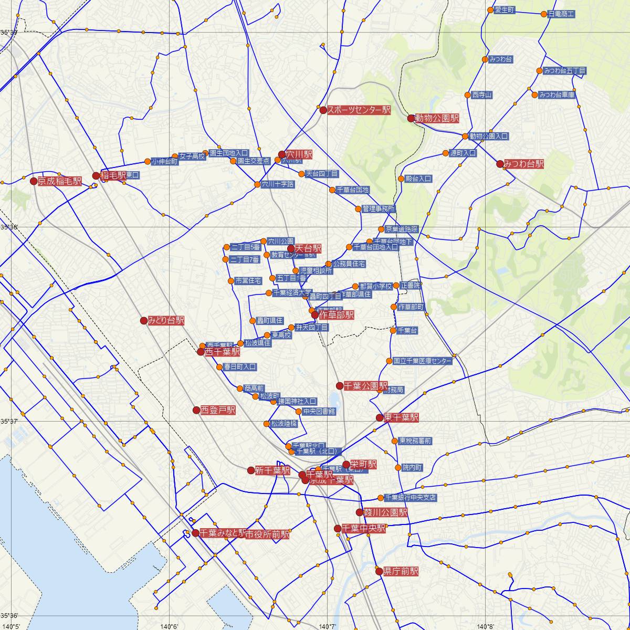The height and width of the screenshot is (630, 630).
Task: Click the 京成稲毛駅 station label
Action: tap(60, 182)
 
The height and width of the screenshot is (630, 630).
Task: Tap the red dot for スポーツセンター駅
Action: tap(323, 110)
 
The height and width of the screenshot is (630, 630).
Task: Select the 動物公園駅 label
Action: tap(437, 119)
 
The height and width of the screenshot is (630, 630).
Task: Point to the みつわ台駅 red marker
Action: tap(500, 164)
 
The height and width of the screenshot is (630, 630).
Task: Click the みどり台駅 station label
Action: tap(166, 320)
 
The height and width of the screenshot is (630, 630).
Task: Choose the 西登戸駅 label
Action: tap(218, 410)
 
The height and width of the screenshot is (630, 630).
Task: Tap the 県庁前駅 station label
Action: tap(401, 571)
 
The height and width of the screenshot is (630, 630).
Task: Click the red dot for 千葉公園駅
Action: tap(339, 386)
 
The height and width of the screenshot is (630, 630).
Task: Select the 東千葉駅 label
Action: tap(401, 418)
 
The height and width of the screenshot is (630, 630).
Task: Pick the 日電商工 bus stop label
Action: tap(561, 14)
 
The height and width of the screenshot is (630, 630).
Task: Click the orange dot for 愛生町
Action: tap(490, 10)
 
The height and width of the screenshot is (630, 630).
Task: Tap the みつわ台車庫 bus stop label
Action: tap(557, 95)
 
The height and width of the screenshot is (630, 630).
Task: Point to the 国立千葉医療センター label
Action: tap(422, 361)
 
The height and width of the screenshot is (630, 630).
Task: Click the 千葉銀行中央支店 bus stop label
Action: tap(411, 498)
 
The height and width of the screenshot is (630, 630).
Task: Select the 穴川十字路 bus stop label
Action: tap(278, 184)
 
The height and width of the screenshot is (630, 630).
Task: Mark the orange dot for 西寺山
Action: tap(468, 95)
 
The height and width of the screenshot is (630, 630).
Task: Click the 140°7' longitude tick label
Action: tap(327, 626)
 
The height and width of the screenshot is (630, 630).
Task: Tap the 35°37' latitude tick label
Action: tap(9, 422)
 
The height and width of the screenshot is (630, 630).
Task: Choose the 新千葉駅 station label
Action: tap(272, 471)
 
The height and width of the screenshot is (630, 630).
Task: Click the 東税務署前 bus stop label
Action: tap(415, 441)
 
